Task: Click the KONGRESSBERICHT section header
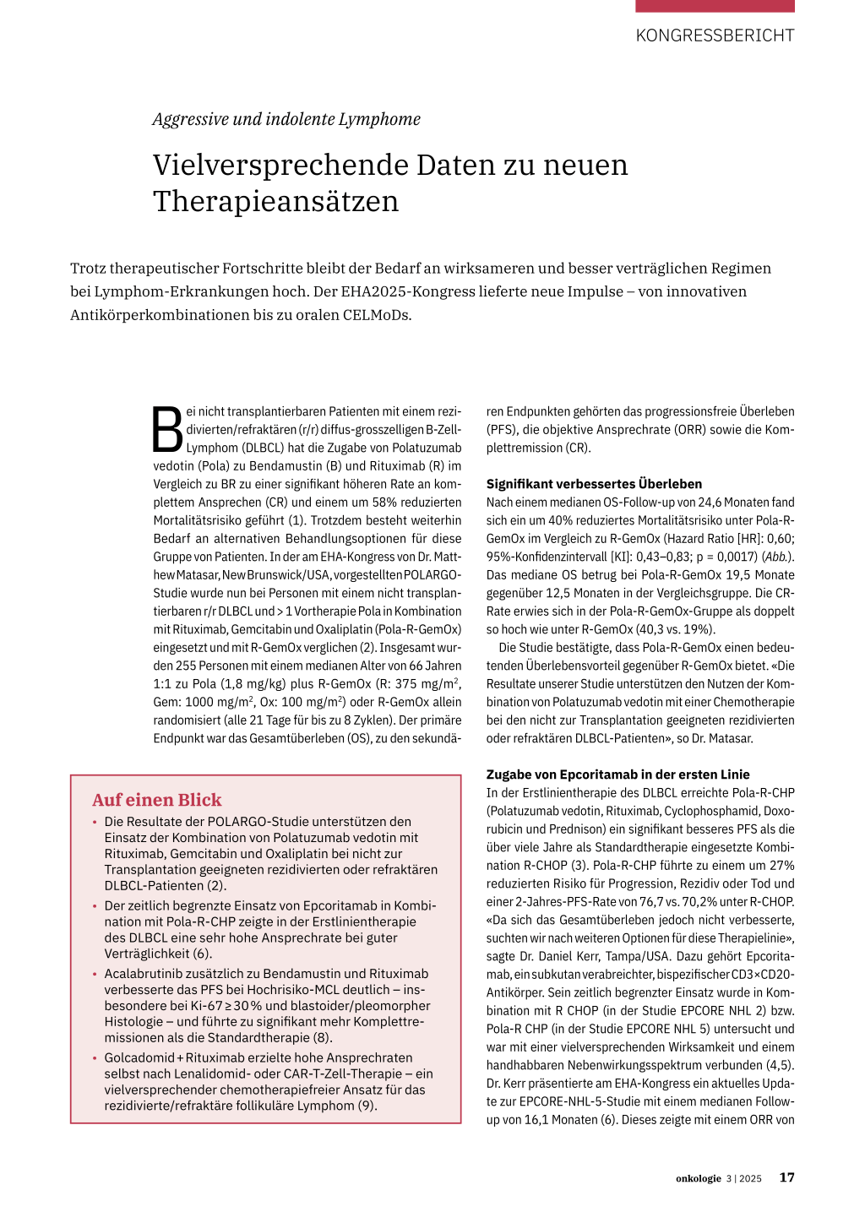tap(715, 35)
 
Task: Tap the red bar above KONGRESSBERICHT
tap(715, 6)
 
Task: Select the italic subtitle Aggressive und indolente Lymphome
tap(286, 119)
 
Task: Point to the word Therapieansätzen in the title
tap(275, 202)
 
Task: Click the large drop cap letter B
tap(167, 430)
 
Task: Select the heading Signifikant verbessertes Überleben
tap(594, 484)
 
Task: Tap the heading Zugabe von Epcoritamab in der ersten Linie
tap(617, 775)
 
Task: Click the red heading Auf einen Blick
tap(157, 800)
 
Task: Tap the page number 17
tap(786, 1177)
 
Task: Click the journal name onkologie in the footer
tap(698, 1178)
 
